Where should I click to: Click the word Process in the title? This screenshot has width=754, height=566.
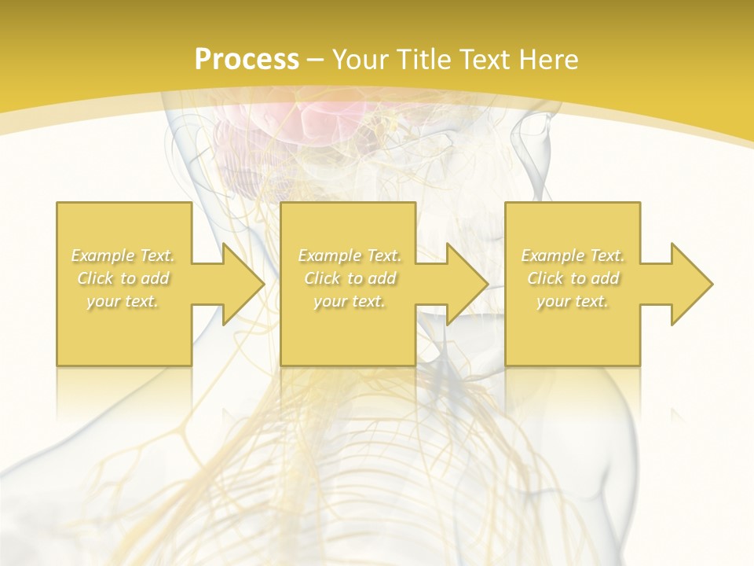coord(247,60)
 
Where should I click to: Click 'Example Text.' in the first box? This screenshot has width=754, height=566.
coord(123,255)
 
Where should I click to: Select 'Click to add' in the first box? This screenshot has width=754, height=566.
coord(123,278)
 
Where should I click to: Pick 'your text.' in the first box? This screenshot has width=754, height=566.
coord(123,301)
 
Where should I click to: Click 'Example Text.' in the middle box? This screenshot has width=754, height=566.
coord(350,255)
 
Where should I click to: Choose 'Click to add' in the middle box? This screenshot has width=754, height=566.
coord(350,278)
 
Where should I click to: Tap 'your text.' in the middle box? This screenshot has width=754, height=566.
coord(350,301)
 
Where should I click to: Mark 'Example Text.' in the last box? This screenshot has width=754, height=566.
coord(573,255)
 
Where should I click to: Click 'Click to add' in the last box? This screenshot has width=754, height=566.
coord(573,278)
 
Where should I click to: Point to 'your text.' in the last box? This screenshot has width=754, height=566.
coord(573,301)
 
